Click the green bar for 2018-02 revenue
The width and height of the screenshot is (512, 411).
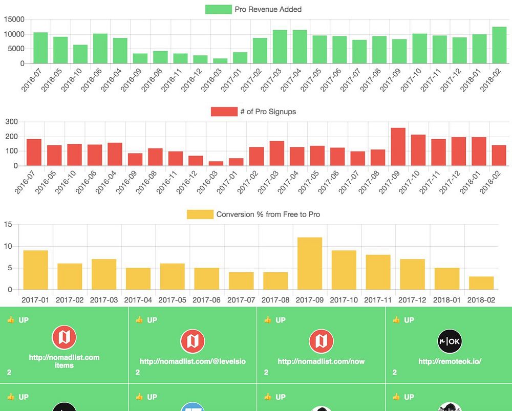(x=499, y=45)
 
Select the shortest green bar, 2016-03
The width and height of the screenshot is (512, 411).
(x=220, y=61)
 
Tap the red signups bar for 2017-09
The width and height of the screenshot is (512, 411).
(x=398, y=147)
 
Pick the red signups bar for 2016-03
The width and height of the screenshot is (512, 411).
(x=216, y=164)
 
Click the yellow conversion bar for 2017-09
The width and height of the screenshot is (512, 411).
(x=310, y=264)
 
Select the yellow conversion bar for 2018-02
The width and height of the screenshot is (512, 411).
(x=481, y=283)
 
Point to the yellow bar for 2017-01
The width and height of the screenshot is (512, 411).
(x=36, y=270)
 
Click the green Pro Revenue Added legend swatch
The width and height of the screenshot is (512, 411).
(x=218, y=9)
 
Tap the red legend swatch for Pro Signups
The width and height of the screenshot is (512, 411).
(x=224, y=112)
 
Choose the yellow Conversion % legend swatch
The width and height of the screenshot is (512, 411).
(x=200, y=214)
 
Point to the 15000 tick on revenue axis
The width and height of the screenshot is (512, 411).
(x=14, y=19)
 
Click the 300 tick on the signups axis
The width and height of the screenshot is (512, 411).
(x=11, y=122)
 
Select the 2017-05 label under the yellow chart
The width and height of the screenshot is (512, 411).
(x=173, y=299)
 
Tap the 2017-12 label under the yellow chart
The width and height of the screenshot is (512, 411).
(x=413, y=299)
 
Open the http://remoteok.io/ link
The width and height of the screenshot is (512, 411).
(x=450, y=361)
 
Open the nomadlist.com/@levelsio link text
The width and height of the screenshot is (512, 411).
(x=193, y=361)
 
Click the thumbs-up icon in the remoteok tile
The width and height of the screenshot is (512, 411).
(x=396, y=320)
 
